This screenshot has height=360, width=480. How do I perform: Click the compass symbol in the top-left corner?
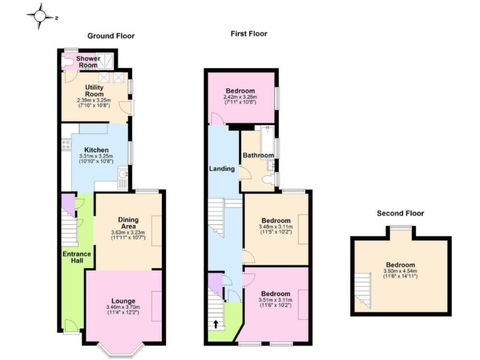(41, 17)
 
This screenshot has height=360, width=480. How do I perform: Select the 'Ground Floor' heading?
(111, 36)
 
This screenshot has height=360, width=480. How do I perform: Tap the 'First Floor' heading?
(249, 33)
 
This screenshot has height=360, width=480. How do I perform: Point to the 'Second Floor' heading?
(400, 213)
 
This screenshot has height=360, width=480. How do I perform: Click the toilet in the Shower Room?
(66, 61)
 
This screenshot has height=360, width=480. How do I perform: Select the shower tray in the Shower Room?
(107, 61)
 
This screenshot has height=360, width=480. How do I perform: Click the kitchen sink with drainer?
(124, 179)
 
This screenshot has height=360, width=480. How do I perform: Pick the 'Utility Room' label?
(94, 91)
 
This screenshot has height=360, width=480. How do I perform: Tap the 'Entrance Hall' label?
(77, 257)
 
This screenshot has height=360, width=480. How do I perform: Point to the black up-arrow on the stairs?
(216, 324)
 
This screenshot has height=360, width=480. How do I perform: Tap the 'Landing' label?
(222, 169)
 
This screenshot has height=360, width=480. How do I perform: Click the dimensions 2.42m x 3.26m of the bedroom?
(240, 97)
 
